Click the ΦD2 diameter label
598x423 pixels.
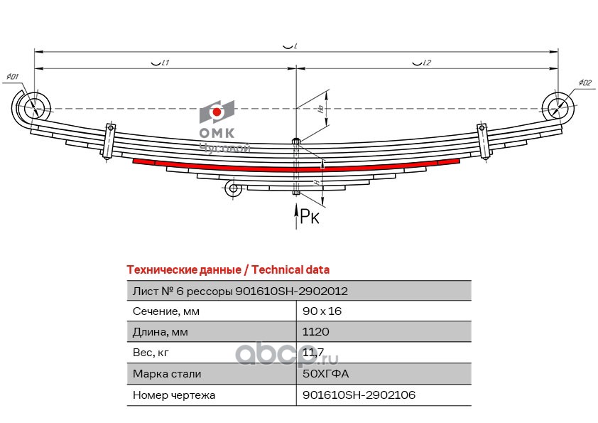tap(585, 82)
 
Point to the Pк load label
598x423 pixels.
tap(310, 217)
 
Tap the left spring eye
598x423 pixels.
tap(33, 109)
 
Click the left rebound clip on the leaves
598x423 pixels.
tap(110, 140)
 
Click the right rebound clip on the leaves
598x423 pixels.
tap(484, 141)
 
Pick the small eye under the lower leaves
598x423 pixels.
tap(232, 188)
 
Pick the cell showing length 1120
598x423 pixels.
tap(316, 332)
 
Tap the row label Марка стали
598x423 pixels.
tap(167, 374)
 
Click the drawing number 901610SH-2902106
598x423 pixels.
tap(359, 395)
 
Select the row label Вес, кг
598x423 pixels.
tap(152, 353)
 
